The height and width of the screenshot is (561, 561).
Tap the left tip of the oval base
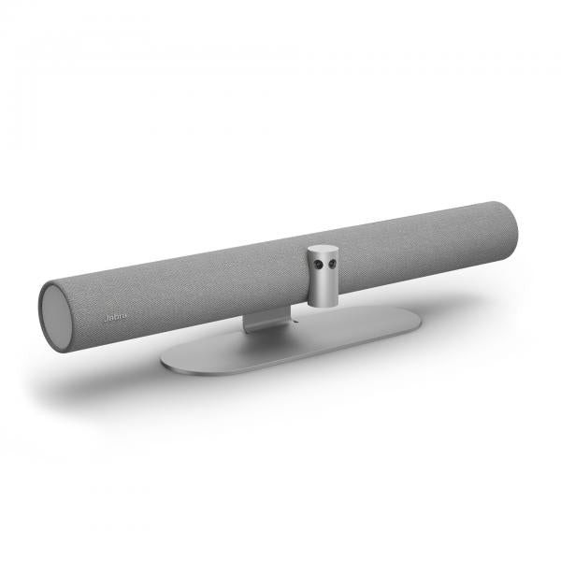click(x=165, y=359)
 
